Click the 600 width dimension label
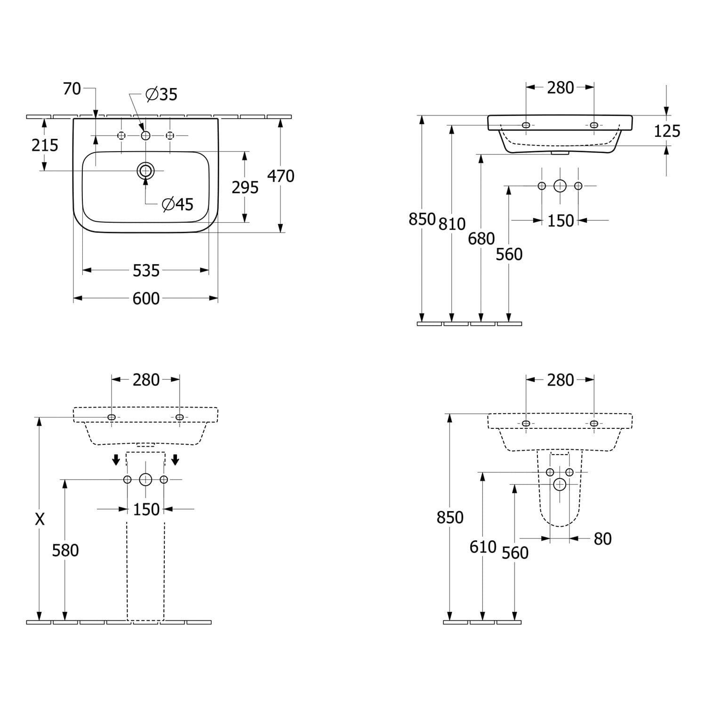[146, 298]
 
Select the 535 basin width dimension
[146, 271]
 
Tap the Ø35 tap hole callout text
[161, 95]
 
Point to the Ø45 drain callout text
[177, 204]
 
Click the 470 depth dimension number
[281, 176]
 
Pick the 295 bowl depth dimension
[245, 187]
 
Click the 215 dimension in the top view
[45, 145]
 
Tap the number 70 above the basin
[72, 88]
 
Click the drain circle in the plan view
[145, 170]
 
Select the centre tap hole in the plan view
[145, 136]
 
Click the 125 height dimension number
[667, 131]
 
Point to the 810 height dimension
[452, 224]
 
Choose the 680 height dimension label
[481, 239]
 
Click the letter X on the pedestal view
[40, 519]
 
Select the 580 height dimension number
[65, 550]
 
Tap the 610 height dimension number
[483, 547]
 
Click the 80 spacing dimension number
[602, 539]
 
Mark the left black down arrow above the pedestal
[116, 459]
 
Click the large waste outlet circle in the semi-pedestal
[560, 484]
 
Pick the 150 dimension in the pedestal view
[146, 509]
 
